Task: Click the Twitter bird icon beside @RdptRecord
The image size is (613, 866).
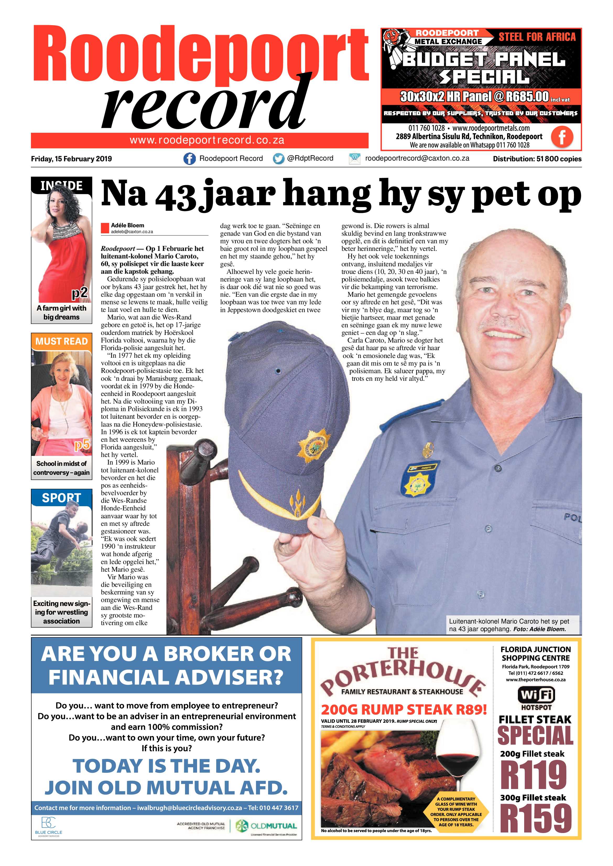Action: click(279, 159)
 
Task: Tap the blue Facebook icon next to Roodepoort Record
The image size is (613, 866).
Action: click(189, 159)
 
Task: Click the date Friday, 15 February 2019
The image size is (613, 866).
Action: click(71, 159)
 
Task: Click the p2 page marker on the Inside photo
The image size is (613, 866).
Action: click(80, 293)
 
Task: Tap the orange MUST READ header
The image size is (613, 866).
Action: click(62, 341)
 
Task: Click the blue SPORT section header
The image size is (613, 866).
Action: click(62, 498)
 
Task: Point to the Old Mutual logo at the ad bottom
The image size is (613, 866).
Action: click(267, 826)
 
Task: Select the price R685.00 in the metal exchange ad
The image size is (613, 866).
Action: click(527, 97)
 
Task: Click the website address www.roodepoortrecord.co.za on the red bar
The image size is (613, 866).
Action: click(207, 140)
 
